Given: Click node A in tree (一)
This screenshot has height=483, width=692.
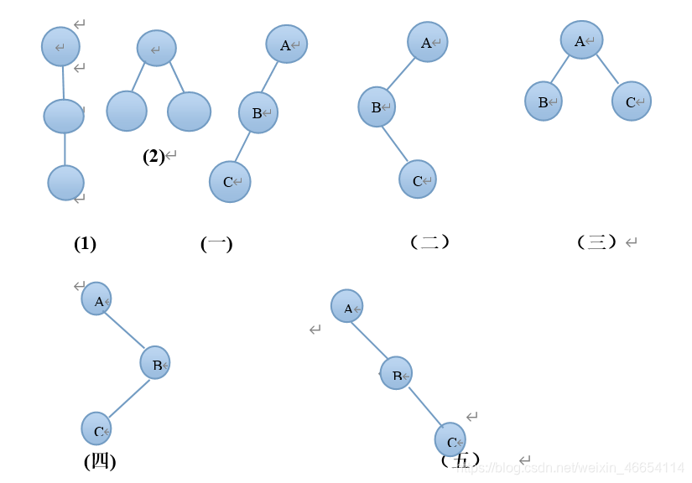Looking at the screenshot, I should click(287, 44).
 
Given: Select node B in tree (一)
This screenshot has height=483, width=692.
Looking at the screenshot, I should click(258, 112).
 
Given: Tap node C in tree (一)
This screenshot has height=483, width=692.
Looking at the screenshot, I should click(230, 182).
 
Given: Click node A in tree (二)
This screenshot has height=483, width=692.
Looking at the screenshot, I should click(428, 42).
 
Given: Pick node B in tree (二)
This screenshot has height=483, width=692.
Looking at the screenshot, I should click(377, 106).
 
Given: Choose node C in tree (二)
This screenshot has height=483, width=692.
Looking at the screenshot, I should click(418, 179).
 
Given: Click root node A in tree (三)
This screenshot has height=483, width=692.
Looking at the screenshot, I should click(581, 39).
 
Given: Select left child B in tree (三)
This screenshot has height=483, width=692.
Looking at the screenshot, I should click(544, 101).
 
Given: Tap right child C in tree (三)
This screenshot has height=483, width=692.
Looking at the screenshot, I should click(632, 101).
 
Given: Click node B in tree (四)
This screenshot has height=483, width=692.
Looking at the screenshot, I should click(155, 363).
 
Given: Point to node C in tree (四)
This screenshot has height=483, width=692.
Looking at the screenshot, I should click(96, 428).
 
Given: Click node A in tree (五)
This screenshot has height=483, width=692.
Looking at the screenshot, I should click(347, 307).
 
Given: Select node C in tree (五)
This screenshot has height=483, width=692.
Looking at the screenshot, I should click(450, 440).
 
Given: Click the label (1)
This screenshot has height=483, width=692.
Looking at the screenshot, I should click(85, 244).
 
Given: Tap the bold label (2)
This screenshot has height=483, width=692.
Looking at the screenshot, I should click(154, 156).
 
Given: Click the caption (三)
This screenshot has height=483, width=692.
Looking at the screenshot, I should click(597, 242).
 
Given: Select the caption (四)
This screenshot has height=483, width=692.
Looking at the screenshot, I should click(100, 460).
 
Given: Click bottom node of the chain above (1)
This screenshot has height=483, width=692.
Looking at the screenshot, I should click(66, 183).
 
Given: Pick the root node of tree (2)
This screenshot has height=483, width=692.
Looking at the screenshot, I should click(156, 49).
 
